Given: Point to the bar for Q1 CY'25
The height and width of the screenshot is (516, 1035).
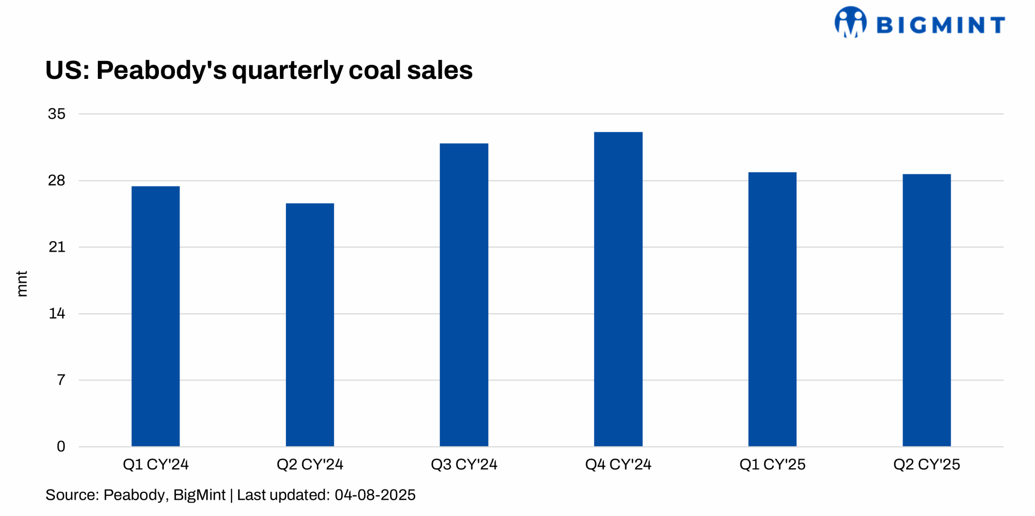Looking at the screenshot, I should point(772,309).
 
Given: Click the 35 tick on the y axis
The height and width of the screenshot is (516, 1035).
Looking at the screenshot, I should point(56,114).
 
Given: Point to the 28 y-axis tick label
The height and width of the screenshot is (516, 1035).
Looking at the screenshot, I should point(56,180).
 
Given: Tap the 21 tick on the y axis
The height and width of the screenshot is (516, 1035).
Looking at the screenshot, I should point(57,247).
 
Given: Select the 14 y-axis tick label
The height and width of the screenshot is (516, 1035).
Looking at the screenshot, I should point(57,313).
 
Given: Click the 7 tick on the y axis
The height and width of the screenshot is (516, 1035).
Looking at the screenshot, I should point(61,380).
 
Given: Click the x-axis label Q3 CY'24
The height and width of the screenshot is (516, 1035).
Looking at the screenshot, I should point(464,464).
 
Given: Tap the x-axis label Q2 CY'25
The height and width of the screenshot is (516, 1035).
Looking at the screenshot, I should point(926,464).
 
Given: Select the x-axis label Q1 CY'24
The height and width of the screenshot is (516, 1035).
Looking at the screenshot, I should point(156,464).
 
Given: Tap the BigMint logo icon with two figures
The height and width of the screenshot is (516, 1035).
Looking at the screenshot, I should point(850,22).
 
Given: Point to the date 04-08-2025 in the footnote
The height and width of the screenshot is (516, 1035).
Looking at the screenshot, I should point(375,495).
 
